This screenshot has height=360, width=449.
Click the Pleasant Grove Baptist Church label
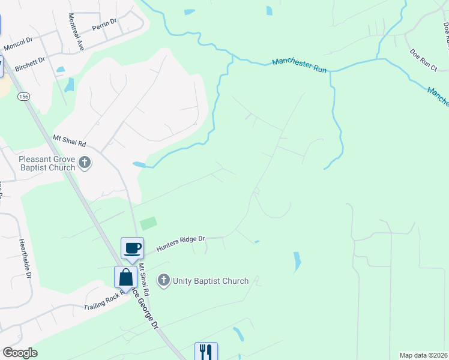tap(47, 163)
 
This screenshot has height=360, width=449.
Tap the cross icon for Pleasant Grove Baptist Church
tap(85, 163)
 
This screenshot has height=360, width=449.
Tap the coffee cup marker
tap(132, 247)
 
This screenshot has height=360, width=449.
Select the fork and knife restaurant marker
tap(206, 351)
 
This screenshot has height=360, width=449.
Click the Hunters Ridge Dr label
tap(181, 242)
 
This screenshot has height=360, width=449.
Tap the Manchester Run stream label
tap(300, 65)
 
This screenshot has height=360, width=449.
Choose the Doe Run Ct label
tap(424, 61)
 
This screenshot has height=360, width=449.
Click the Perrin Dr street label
tap(104, 25)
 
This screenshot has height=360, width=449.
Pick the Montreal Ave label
tap(76, 31)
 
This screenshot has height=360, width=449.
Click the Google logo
tap(20, 353)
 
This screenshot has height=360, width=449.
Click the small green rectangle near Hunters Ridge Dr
tap(148, 224)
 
